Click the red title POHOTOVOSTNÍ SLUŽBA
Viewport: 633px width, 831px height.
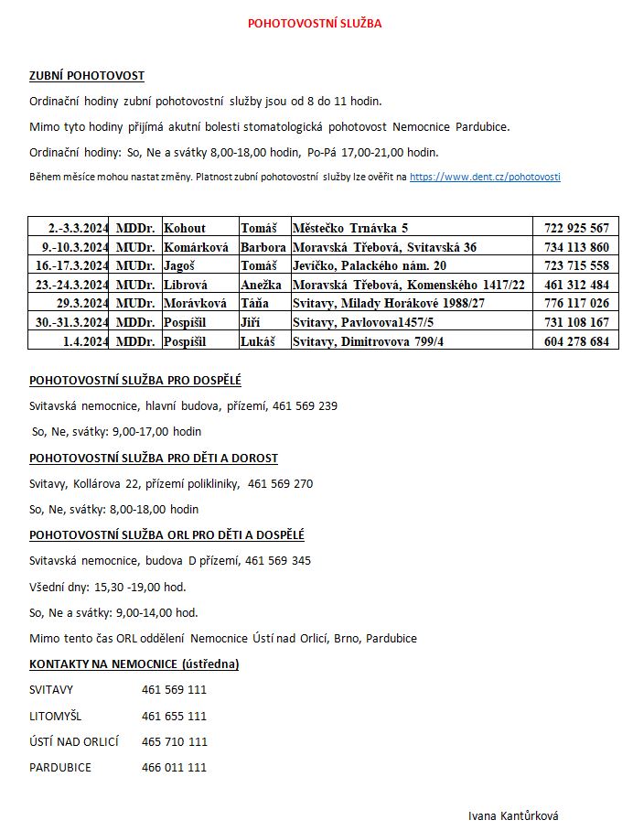point(315,24)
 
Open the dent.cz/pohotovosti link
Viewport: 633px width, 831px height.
point(485,176)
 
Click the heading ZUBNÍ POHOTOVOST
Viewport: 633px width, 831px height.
point(87,76)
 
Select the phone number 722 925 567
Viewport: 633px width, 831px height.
point(576,228)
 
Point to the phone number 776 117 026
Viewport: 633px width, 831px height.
point(576,303)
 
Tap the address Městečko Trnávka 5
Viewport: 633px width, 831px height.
point(350,228)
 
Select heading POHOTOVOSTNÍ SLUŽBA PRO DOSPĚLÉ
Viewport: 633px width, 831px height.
point(135,380)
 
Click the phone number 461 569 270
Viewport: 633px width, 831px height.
point(280,483)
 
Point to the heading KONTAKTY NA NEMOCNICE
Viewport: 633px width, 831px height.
point(134,664)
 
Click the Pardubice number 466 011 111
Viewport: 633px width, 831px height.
point(174,767)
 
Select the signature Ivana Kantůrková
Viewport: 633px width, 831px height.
point(512,815)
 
